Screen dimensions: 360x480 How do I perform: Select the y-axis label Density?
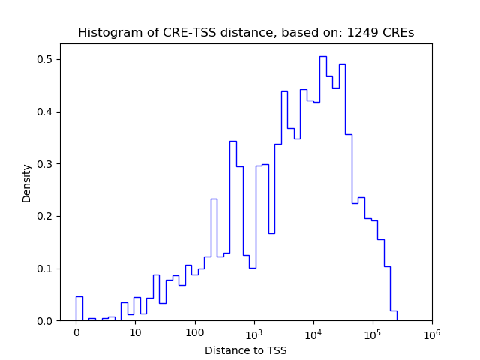(27, 183)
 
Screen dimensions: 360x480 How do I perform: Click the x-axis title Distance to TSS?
(245, 350)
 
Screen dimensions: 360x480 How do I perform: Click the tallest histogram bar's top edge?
(322, 56)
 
